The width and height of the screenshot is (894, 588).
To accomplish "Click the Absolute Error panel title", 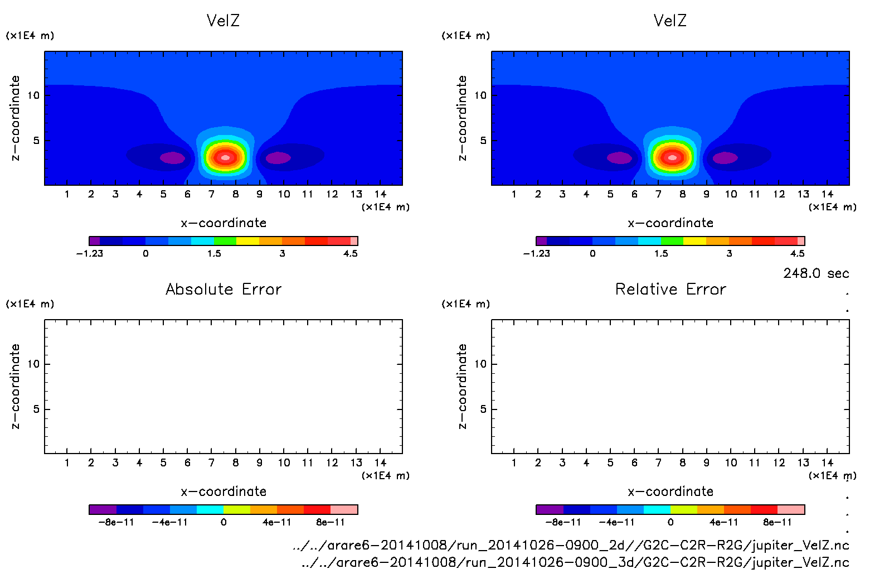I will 223,289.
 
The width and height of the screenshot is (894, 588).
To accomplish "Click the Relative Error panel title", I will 670,289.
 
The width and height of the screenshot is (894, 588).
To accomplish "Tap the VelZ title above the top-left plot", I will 223,21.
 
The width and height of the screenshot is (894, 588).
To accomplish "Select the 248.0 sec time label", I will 816,273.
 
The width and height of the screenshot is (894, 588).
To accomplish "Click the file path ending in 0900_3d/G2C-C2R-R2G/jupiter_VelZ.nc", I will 575,562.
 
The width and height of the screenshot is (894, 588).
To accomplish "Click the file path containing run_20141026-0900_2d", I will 571,545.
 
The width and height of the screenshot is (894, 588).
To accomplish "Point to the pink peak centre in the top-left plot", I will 225,158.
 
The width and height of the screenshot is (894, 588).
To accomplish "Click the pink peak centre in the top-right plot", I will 672,158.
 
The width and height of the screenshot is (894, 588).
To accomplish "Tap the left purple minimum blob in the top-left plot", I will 172,158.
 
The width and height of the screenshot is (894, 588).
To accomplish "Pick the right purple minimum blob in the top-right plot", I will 725,158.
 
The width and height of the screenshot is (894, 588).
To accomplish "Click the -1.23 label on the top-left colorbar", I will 90,253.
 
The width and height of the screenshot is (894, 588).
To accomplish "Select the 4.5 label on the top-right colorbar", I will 798,253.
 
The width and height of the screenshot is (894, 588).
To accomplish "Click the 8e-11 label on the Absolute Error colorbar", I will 331,522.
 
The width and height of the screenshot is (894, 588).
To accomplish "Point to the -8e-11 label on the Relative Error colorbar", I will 563,522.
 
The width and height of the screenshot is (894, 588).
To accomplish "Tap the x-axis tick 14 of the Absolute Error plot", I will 380,462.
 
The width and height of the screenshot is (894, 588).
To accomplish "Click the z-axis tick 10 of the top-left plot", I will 33,95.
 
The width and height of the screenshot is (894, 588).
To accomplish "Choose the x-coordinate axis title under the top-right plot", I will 670,223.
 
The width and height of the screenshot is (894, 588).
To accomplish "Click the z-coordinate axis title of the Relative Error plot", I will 462,386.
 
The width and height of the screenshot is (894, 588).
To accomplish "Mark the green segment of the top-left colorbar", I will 225,241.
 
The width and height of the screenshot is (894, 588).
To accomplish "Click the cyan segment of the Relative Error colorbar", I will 657,509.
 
